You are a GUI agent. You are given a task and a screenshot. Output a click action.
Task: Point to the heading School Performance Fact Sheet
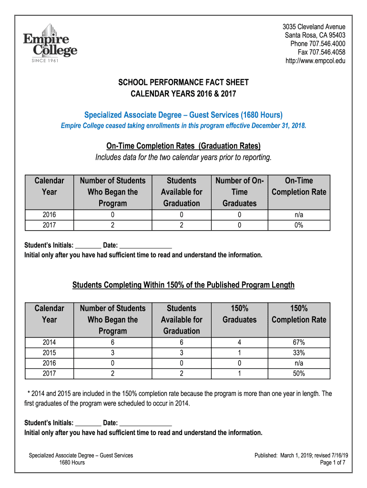coord(183,82)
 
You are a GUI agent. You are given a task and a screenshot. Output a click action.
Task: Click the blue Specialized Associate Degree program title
coord(183,115)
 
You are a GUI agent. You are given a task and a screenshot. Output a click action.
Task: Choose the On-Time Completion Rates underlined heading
coord(183,146)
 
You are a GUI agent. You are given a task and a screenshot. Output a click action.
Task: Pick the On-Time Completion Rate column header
coord(299,186)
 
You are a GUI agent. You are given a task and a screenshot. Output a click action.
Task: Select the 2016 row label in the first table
coord(49,215)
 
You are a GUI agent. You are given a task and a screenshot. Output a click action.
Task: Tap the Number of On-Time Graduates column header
coord(239,192)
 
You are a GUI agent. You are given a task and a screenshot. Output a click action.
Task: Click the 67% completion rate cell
coord(299,342)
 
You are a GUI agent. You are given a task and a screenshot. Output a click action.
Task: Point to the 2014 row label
coord(49,342)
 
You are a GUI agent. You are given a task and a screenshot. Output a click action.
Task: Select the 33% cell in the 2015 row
coord(299,353)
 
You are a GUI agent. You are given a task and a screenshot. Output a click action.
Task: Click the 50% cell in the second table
coord(299,374)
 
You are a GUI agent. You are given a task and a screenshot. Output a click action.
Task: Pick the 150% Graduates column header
coord(239,314)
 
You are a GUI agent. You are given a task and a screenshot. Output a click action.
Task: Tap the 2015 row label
coord(49,353)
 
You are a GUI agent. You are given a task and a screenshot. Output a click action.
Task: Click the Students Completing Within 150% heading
coord(183,285)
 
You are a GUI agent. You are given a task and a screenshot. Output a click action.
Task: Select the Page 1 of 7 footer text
coord(332,463)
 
